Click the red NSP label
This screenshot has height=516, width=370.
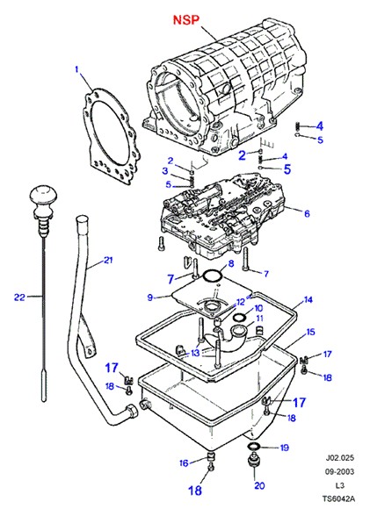(x=186, y=20)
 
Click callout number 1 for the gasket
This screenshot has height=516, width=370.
(x=76, y=69)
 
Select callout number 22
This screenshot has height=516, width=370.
(x=19, y=297)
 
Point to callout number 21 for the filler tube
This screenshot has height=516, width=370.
(x=108, y=261)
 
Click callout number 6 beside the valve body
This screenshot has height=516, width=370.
(x=307, y=213)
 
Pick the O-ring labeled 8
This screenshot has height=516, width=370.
(x=212, y=276)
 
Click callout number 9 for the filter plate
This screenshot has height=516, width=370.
(x=150, y=297)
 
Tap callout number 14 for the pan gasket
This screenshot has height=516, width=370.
(x=308, y=300)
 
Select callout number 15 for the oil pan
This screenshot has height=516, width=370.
(x=311, y=332)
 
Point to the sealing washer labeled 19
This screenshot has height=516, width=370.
(x=254, y=446)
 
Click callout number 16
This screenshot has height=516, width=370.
(x=184, y=463)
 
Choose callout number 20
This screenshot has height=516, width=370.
(x=259, y=485)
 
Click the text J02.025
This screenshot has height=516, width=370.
(x=340, y=458)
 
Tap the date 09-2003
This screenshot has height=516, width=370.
(x=340, y=471)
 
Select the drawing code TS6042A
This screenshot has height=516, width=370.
(x=339, y=498)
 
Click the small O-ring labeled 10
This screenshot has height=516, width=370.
(x=239, y=318)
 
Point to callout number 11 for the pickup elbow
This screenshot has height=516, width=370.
(x=259, y=319)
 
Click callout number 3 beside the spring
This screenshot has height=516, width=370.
(x=164, y=171)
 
